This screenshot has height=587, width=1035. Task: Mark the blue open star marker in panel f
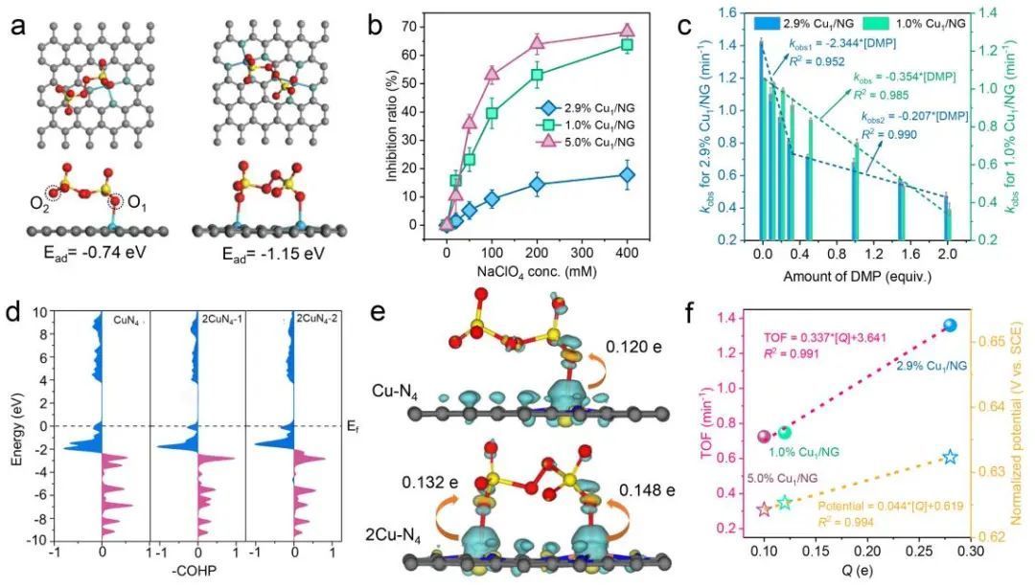tap(950, 457)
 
